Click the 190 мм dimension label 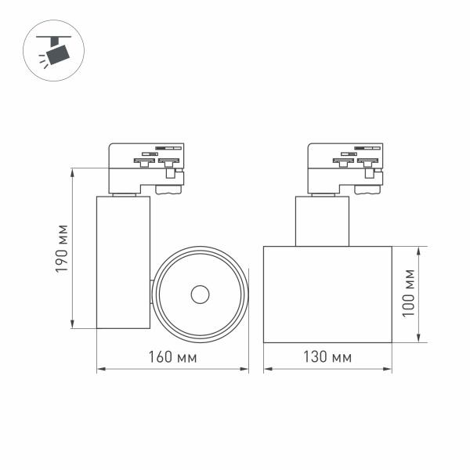click(x=62, y=248)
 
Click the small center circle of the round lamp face click(x=200, y=295)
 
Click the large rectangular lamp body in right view click(x=327, y=294)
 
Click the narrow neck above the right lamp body click(x=322, y=221)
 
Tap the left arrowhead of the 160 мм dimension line click(x=99, y=371)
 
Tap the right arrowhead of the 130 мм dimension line click(x=389, y=371)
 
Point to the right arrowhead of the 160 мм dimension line click(x=245, y=371)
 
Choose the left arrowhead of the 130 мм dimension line click(x=266, y=371)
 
